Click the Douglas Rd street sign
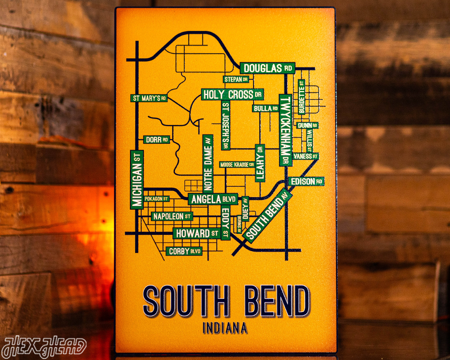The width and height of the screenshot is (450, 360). tap(267, 68)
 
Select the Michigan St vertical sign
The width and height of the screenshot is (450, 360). tap(137, 179)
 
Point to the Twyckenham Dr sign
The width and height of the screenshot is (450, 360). tap(285, 130)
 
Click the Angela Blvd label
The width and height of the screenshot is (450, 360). tap(213, 199)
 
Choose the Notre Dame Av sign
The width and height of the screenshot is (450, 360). tap(208, 163)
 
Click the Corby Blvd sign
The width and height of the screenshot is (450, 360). tap(184, 251)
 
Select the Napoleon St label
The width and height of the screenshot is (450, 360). tap(172, 216)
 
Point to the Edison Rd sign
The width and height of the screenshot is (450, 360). tap(306, 181)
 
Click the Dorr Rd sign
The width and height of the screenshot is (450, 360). tap(156, 140)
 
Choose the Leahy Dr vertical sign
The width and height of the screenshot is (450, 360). tap(260, 163)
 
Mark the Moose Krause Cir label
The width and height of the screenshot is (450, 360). tap(237, 165)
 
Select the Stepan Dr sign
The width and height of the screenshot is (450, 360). tap(237, 79)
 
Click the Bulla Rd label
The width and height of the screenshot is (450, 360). tap(266, 108)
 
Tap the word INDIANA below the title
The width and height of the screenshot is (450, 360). tap(225, 328)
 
